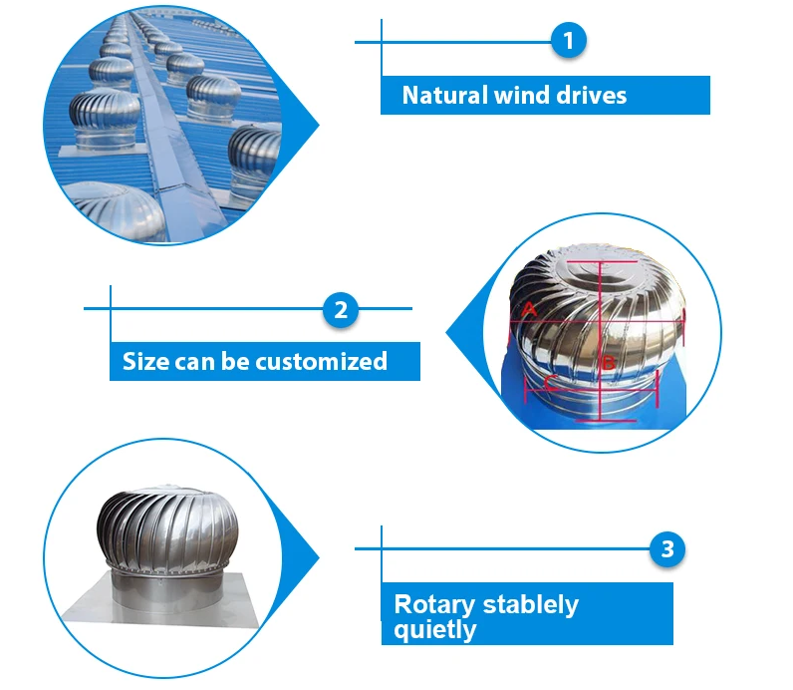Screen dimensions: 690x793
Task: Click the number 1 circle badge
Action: (568, 41)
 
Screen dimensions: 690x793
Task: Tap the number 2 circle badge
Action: (340, 309)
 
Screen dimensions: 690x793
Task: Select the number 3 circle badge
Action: (667, 548)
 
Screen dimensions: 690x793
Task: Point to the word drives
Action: (592, 96)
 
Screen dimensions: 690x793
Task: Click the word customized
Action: (321, 361)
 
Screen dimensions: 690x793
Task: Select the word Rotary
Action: (434, 604)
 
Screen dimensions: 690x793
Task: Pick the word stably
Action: (530, 605)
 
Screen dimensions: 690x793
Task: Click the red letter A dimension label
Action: (530, 310)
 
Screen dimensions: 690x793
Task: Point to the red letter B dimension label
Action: (609, 364)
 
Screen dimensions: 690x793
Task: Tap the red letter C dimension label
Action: (550, 382)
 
